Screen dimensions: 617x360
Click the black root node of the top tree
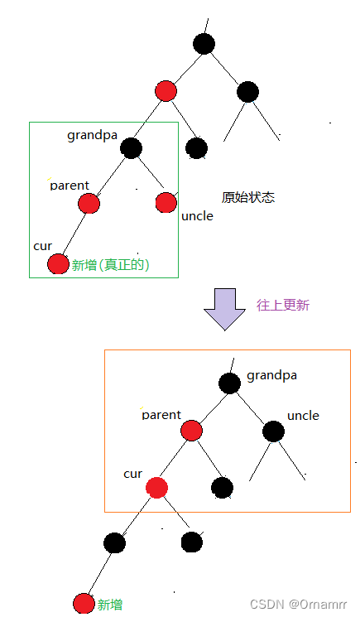tap(204, 44)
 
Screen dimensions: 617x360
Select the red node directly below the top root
tap(166, 91)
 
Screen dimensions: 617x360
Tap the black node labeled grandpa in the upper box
tap(131, 148)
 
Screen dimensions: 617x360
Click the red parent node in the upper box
tap(89, 203)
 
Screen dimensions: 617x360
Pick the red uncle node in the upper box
tap(166, 202)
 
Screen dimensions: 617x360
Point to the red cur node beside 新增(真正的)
tap(58, 264)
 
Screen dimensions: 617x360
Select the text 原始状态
tap(247, 197)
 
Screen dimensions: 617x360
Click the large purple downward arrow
tap(224, 309)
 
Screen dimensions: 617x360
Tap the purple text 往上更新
tap(282, 305)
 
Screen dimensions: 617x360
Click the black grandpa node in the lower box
tap(229, 383)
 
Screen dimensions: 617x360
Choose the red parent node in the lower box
tap(191, 431)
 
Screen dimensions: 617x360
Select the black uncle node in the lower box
tap(273, 431)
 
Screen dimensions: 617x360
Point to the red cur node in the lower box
tap(156, 487)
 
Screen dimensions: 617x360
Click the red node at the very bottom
tap(83, 604)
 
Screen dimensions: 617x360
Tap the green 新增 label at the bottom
tap(109, 605)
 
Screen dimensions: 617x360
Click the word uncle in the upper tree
tap(197, 216)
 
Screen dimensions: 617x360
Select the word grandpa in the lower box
tap(271, 375)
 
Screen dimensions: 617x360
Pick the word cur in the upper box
tap(42, 246)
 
